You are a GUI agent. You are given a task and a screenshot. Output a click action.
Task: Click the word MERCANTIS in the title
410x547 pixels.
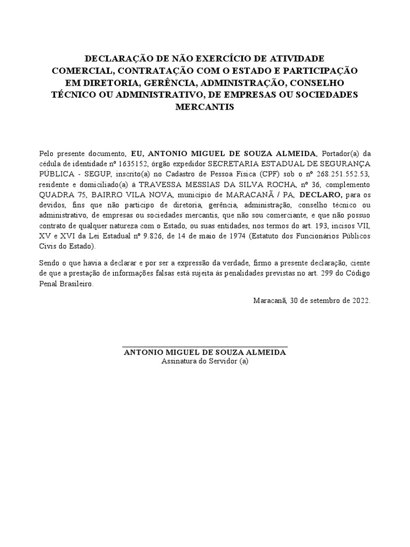pos(205,107)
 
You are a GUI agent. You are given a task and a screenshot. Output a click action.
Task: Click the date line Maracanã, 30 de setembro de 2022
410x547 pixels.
pos(311,300)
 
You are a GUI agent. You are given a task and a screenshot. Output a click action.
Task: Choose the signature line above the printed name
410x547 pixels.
pos(205,347)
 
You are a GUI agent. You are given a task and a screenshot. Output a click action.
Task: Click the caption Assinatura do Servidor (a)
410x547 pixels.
pos(205,361)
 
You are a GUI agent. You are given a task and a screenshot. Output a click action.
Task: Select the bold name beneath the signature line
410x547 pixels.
pos(205,353)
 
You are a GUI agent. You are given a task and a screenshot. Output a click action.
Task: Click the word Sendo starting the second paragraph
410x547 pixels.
pos(50,262)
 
